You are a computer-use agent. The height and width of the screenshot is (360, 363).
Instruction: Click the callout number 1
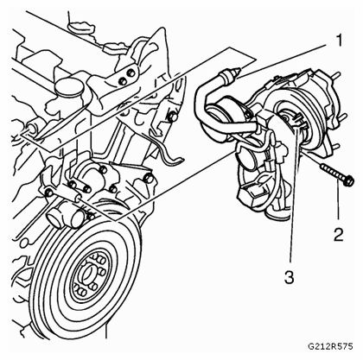click(x=340, y=41)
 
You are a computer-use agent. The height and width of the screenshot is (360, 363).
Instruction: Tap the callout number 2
click(x=339, y=234)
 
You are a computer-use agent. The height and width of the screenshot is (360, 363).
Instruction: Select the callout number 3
click(x=289, y=277)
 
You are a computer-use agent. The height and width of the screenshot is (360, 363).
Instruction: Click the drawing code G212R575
click(x=330, y=346)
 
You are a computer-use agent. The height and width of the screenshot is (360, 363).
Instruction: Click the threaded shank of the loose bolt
click(x=332, y=172)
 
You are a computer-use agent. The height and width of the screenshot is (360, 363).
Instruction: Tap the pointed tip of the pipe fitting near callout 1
click(x=238, y=70)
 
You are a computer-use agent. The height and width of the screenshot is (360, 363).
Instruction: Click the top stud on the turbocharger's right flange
click(x=336, y=75)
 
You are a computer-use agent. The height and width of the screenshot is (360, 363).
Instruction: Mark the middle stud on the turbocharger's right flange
click(x=341, y=116)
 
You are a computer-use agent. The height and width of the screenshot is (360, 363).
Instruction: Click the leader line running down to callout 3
click(x=294, y=192)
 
